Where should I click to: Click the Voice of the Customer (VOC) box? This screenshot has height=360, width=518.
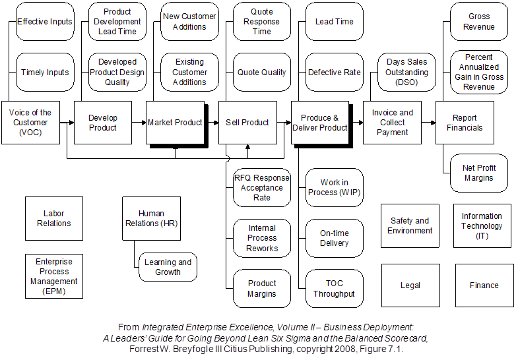point(30,123)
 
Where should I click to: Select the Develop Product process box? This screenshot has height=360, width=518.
point(103,123)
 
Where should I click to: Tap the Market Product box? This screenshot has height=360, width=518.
point(175,123)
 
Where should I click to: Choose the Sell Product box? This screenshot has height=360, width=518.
point(247,123)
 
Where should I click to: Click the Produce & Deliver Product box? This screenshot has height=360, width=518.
point(320,123)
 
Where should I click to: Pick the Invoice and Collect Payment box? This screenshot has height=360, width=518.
point(392,123)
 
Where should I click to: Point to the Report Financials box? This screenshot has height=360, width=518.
point(465,123)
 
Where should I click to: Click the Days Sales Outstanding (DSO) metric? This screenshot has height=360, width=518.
point(407,73)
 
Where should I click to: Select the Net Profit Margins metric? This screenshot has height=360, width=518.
point(478,173)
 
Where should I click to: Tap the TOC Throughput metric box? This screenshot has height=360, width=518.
point(334,289)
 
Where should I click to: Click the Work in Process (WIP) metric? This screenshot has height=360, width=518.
point(334,187)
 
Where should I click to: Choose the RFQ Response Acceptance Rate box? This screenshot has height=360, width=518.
point(262,187)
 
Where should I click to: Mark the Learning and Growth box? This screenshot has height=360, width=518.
point(168,267)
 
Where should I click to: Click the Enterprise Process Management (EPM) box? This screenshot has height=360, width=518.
point(54,276)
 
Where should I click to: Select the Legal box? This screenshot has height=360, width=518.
point(410,285)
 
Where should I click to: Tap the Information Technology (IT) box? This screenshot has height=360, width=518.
point(482,225)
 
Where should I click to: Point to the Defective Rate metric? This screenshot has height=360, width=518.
point(334,73)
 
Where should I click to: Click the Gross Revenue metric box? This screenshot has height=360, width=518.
point(479,22)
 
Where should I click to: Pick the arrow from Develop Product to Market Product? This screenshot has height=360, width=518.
point(139,123)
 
